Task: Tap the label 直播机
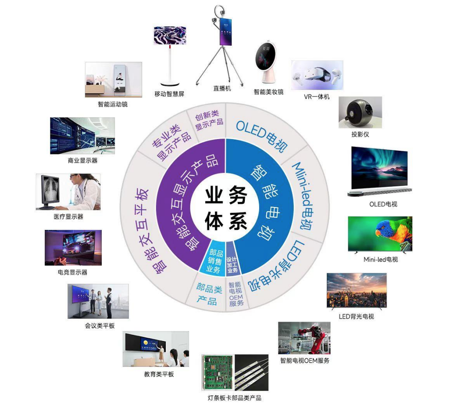(x=222, y=88)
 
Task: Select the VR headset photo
(x=317, y=75)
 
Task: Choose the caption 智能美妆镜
(x=268, y=92)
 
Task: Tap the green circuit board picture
(x=217, y=372)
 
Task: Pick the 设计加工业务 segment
(x=232, y=264)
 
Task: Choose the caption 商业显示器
(x=83, y=160)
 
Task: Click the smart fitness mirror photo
(x=114, y=80)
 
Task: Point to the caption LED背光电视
(x=356, y=316)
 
